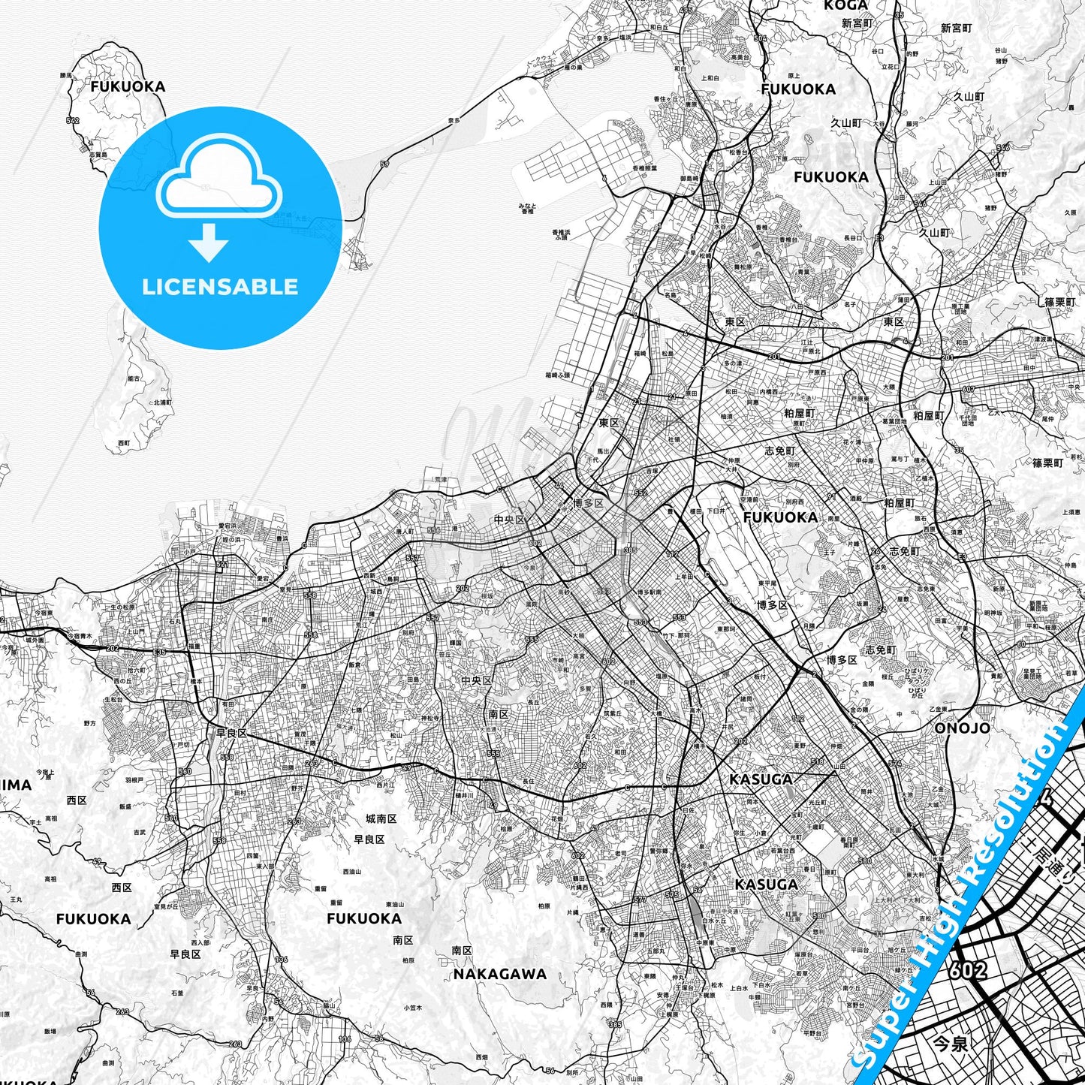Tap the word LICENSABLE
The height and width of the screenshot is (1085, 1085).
[220, 286]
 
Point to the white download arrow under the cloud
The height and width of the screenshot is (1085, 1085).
[209, 242]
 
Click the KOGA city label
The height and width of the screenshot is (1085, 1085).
[845, 5]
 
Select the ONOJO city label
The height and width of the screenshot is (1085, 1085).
[962, 728]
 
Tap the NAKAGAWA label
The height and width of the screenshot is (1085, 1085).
[500, 974]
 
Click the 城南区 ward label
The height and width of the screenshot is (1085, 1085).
[381, 818]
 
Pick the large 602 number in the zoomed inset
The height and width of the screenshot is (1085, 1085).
[968, 969]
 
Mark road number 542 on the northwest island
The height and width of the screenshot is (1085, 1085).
[73, 120]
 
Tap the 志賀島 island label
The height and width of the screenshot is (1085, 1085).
[98, 154]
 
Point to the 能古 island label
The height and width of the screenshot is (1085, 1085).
[134, 379]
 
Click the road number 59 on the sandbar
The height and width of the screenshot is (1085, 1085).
[384, 164]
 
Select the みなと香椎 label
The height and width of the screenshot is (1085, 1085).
[526, 208]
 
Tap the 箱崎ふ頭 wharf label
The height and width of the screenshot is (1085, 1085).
[557, 374]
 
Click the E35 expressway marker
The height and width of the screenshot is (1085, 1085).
[159, 653]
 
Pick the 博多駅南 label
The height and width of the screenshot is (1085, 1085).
[649, 592]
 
